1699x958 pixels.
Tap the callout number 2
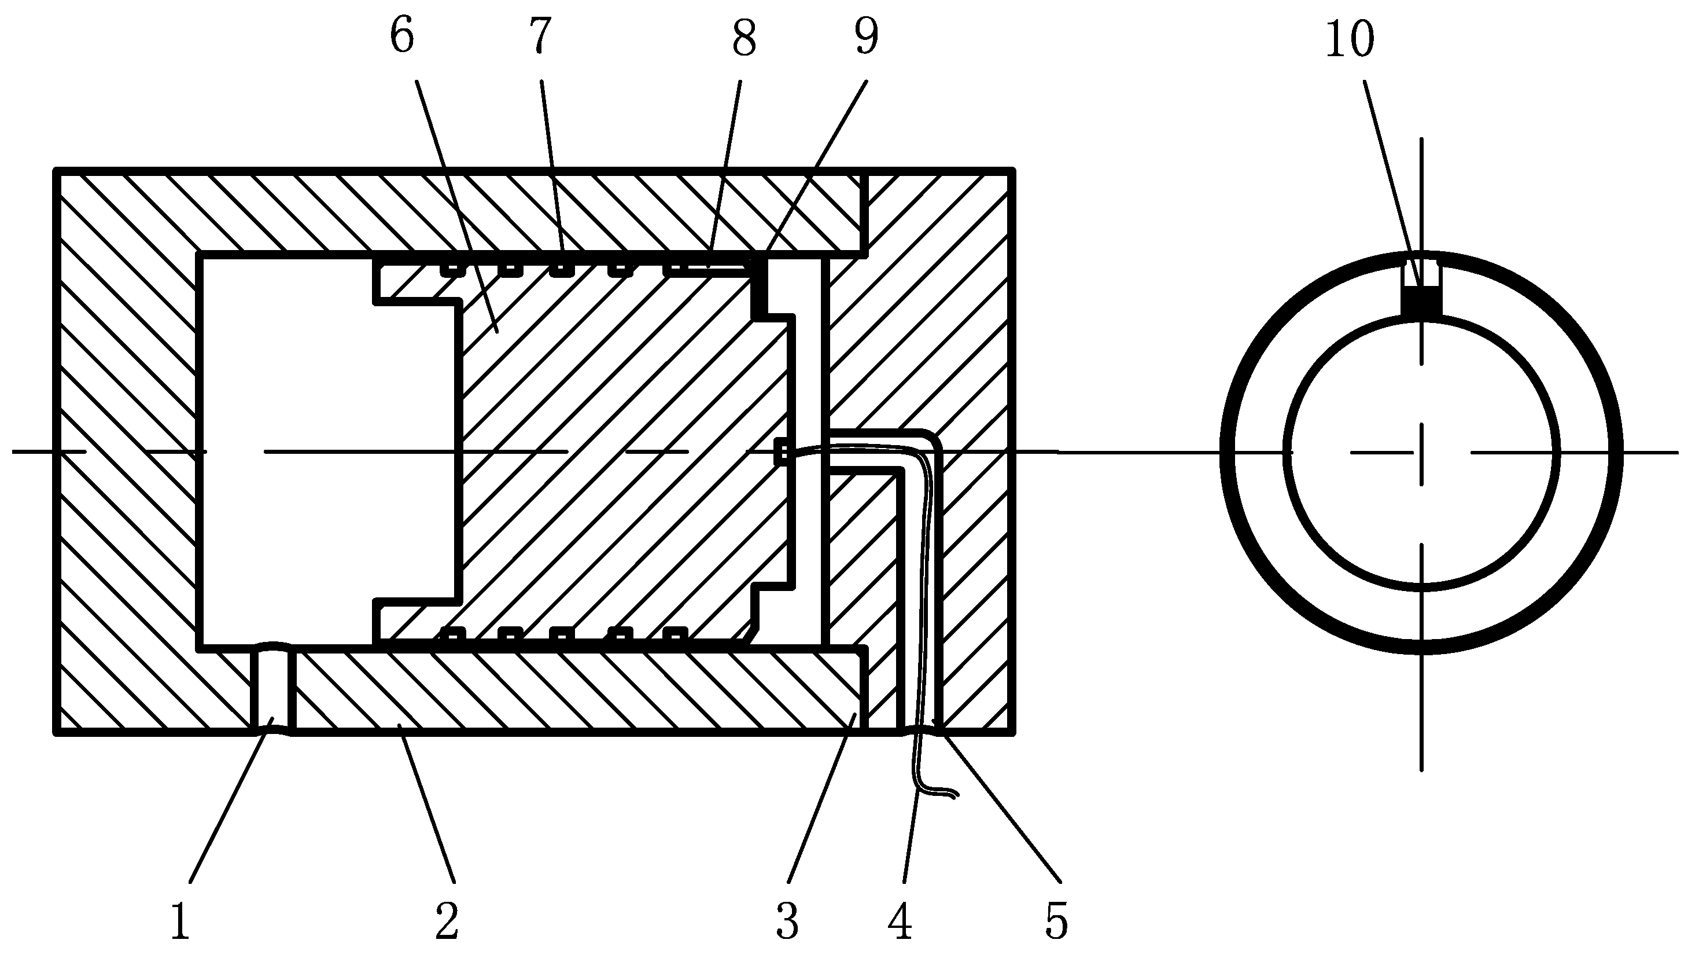point(447,922)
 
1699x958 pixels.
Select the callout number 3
point(787,922)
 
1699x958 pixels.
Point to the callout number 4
point(900,922)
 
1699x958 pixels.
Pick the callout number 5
point(1056,922)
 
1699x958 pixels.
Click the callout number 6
point(401,37)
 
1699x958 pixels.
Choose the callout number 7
point(540,37)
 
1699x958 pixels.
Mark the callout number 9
point(866,37)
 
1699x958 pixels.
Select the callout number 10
point(1350,39)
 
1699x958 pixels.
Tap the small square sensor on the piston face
point(781,452)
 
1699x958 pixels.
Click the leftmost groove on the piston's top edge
point(452,269)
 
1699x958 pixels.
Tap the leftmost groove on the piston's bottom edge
point(452,634)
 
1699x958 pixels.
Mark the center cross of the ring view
point(1421,453)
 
